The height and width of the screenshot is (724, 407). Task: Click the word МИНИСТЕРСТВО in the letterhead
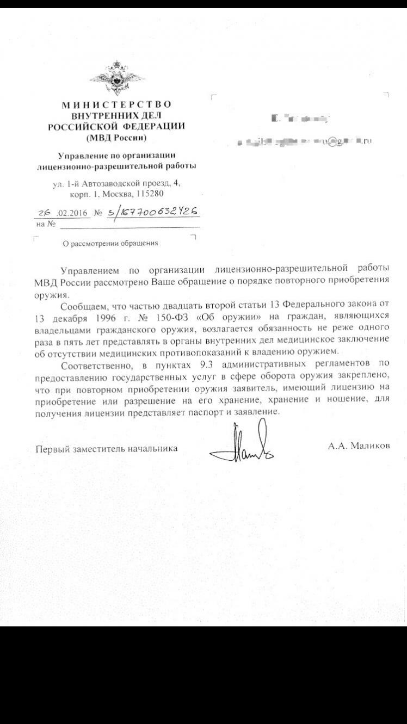click(x=116, y=104)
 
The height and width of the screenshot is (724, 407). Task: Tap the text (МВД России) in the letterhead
click(x=116, y=137)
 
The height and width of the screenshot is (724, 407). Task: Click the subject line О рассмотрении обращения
click(x=110, y=243)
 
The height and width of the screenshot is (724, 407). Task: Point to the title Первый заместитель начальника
click(x=107, y=449)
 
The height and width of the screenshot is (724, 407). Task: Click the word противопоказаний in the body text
click(x=185, y=351)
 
